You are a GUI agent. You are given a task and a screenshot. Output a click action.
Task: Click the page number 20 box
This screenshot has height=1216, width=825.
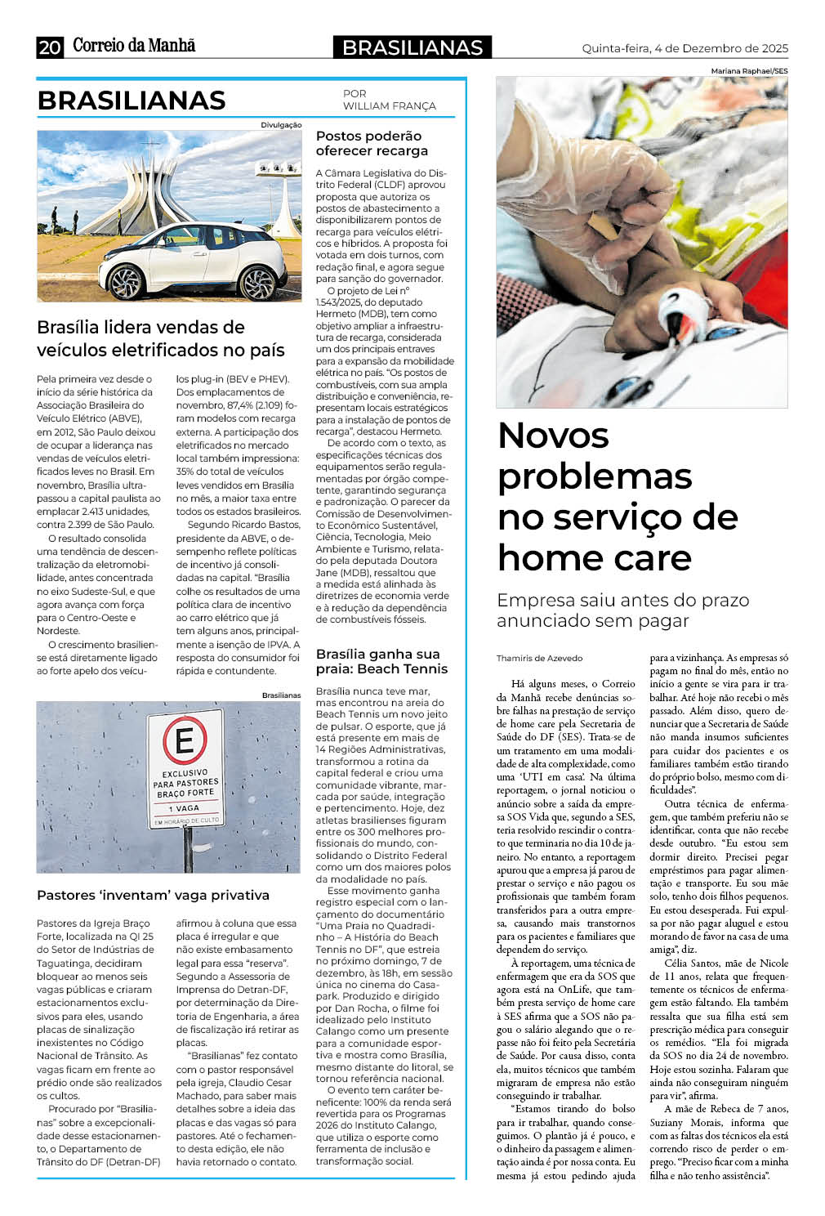[x=49, y=47]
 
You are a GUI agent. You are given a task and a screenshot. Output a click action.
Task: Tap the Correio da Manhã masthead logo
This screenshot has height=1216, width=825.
[x=134, y=46]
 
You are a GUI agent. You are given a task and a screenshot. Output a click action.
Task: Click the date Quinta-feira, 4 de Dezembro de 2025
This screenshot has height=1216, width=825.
[x=685, y=48]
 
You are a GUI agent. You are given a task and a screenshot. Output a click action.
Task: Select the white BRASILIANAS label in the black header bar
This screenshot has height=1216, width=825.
[x=412, y=48]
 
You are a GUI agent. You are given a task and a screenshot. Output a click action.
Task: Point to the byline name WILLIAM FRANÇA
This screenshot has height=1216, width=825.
[x=389, y=106]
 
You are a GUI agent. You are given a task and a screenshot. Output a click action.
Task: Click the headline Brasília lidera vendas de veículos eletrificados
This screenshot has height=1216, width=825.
[x=161, y=338]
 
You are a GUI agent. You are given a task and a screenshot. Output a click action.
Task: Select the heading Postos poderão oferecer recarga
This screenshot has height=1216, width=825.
[x=372, y=143]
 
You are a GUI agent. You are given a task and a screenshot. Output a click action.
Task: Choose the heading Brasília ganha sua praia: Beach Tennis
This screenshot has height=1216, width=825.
[x=381, y=661]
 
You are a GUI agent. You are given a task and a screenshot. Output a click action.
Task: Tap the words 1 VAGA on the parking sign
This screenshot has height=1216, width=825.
[x=185, y=807]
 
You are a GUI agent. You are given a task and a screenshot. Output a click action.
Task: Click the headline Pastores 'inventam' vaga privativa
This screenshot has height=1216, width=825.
[x=153, y=895]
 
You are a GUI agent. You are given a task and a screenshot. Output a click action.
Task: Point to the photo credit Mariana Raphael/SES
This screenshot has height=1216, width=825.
[x=749, y=71]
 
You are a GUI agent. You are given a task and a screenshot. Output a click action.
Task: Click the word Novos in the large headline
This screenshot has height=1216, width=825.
[x=553, y=435]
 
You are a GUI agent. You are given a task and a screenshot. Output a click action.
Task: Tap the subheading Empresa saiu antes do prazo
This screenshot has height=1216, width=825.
[x=622, y=600]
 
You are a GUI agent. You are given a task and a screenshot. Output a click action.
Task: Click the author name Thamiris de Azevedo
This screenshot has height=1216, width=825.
[x=539, y=658]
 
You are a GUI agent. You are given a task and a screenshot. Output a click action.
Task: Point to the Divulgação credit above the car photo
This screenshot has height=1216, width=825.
[x=281, y=125]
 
